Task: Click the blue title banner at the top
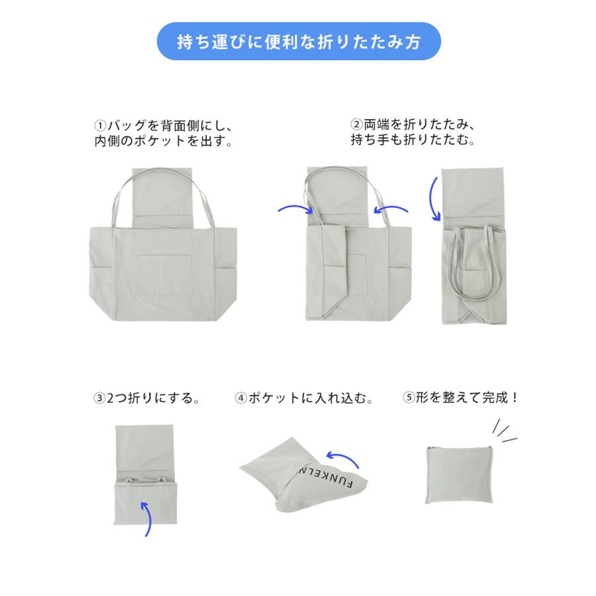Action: (299, 41)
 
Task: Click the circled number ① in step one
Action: (100, 125)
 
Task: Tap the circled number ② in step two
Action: (356, 124)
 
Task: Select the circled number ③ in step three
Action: (99, 399)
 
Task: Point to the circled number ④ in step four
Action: (240, 399)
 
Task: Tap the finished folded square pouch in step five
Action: (459, 475)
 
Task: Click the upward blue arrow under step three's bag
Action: (148, 519)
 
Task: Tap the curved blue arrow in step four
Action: (344, 456)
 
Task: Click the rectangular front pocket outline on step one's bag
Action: (164, 274)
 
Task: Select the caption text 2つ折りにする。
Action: (153, 399)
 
